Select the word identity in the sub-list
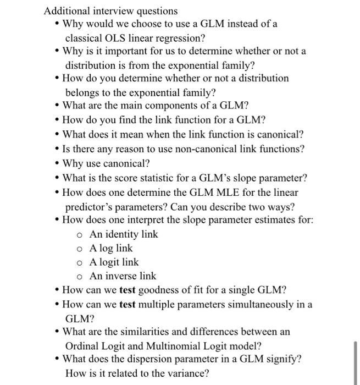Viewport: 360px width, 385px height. tap(122, 234)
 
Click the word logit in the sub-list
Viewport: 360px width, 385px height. tap(115, 262)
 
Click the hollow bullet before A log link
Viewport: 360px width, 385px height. tap(80, 249)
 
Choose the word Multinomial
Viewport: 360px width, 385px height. tap(179, 346)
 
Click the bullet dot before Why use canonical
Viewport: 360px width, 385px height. tap(57, 163)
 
